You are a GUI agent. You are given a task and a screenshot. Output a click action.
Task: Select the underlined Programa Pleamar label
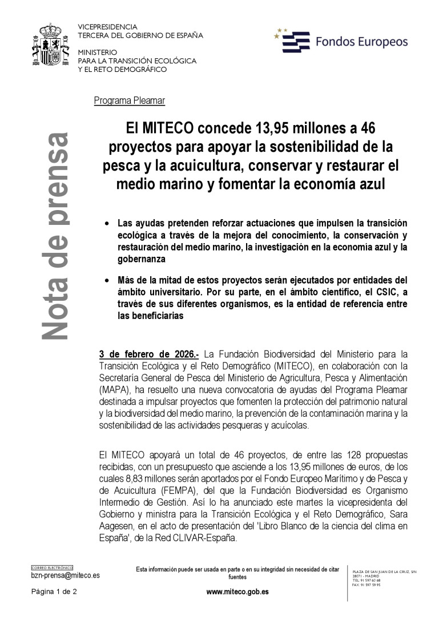click(x=130, y=101)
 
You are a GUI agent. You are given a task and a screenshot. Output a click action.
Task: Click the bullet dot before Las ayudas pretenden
click(x=107, y=223)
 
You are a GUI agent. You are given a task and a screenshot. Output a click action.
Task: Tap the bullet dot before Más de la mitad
click(x=107, y=280)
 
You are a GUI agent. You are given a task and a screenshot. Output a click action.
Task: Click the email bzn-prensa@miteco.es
click(x=65, y=576)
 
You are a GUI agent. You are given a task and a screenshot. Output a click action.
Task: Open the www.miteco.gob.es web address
click(x=237, y=592)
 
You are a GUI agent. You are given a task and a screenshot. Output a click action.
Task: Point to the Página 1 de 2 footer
click(x=54, y=592)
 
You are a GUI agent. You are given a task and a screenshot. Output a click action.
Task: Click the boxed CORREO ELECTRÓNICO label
click(x=52, y=568)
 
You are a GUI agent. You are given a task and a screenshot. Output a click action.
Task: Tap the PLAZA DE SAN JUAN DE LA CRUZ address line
click(x=384, y=571)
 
